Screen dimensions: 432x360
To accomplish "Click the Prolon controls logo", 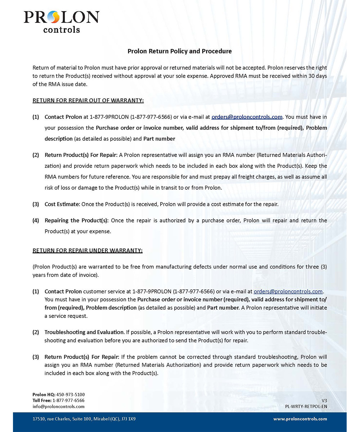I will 61,21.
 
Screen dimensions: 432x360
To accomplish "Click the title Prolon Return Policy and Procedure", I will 180,51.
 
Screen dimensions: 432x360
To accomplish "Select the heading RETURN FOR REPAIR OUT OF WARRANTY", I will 88,100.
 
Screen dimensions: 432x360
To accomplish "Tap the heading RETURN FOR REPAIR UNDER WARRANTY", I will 87,250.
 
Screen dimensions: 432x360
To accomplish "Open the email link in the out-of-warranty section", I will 247,117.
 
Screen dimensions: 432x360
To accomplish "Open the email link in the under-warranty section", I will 288,291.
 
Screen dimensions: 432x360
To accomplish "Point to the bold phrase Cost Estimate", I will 62,204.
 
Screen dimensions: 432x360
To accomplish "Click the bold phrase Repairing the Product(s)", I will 76,220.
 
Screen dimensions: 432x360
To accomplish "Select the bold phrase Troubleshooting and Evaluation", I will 84,332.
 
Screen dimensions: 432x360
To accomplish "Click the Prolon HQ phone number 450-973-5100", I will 71,395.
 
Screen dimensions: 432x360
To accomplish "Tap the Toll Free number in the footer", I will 68,400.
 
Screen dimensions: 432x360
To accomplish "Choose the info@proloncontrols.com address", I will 58,406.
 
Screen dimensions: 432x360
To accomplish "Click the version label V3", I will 324,400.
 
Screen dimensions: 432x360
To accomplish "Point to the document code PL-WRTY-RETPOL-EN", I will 306,406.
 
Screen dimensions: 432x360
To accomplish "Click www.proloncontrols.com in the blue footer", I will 300,419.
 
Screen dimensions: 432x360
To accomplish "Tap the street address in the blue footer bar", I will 84,419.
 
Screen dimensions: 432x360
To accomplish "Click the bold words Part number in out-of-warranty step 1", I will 159,139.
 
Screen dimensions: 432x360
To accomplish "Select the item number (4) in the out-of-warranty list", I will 36,220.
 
